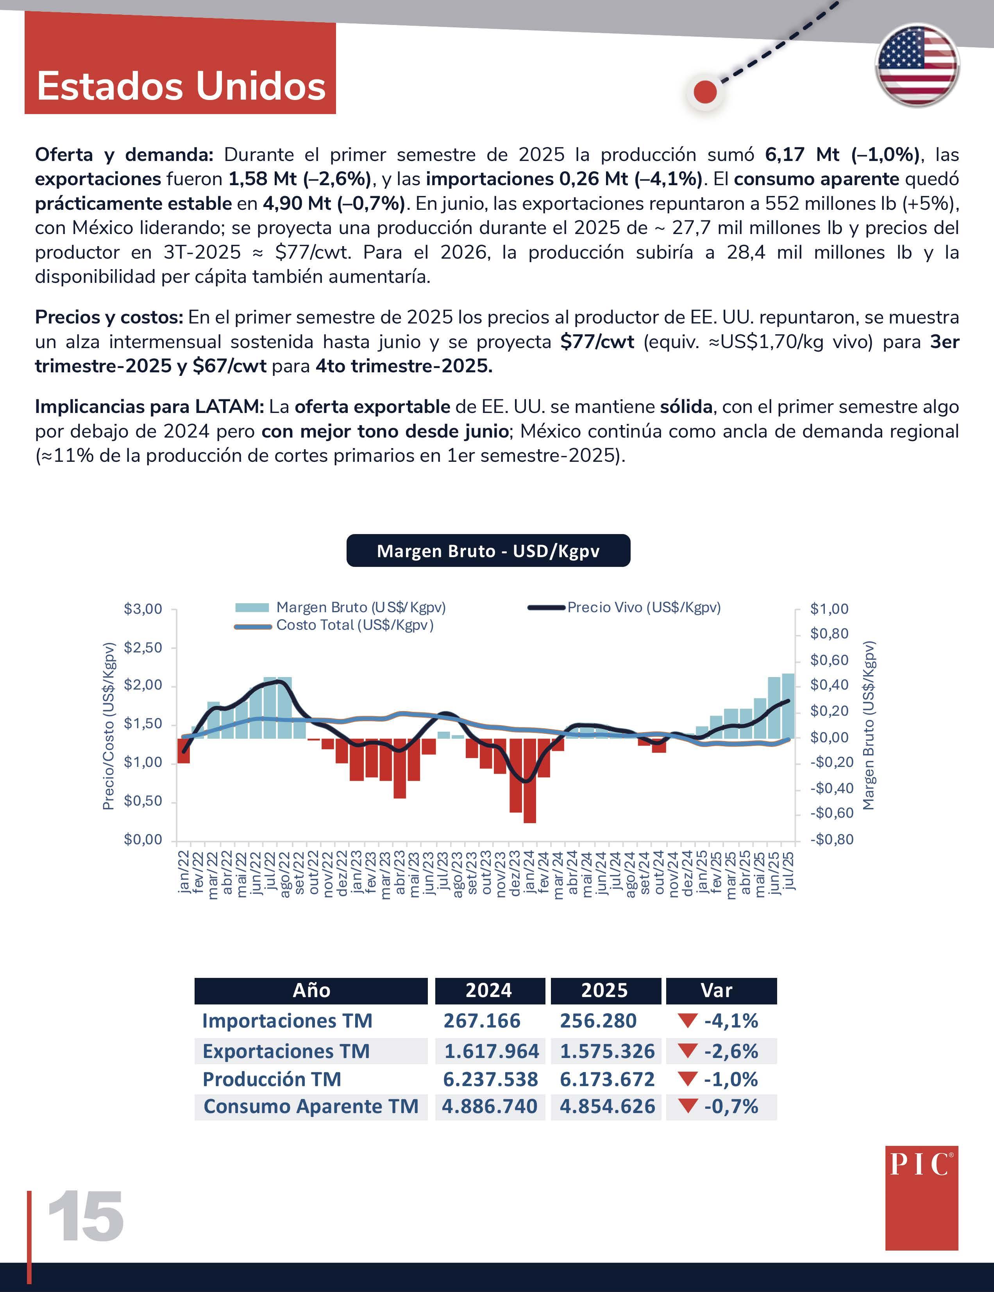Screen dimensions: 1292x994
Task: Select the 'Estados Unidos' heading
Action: click(x=181, y=86)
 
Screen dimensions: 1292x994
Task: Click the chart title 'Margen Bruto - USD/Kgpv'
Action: click(x=488, y=551)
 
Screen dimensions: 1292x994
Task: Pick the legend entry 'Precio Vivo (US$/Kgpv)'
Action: click(x=644, y=608)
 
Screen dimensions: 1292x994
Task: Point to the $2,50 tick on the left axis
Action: click(x=143, y=647)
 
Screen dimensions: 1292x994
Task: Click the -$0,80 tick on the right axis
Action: click(x=831, y=840)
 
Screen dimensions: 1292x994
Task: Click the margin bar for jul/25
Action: click(x=788, y=706)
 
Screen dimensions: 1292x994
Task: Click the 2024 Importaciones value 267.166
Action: click(x=482, y=1020)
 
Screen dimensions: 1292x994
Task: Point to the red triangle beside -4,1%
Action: click(x=688, y=1020)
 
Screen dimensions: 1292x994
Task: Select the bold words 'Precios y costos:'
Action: click(x=109, y=317)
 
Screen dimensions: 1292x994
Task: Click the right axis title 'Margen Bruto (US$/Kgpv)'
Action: click(x=868, y=725)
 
